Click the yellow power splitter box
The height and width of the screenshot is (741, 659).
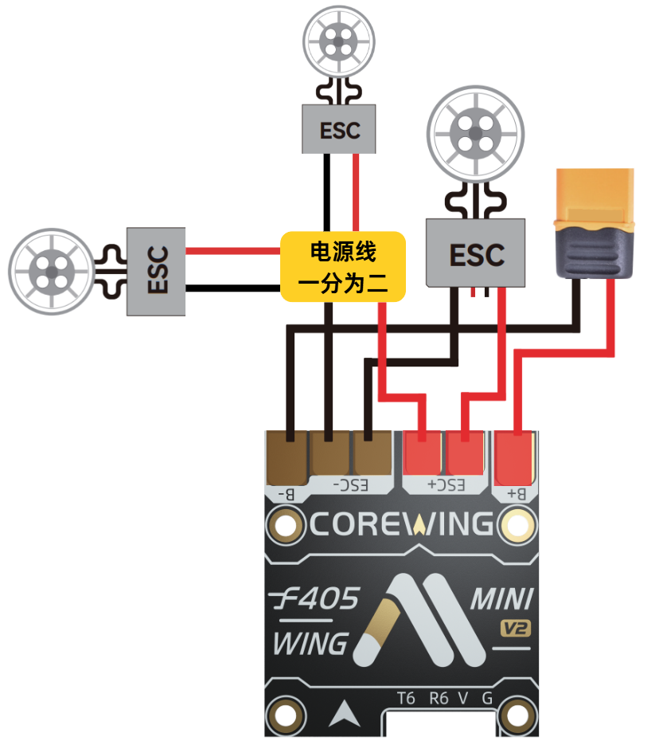coord(343,267)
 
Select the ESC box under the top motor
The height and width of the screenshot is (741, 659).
coord(339,129)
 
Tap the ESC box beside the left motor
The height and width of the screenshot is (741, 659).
coord(156,271)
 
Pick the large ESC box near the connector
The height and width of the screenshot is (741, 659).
coord(475,253)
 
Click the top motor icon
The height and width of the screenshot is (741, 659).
coord(339,41)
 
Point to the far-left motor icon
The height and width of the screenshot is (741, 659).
coord(51,272)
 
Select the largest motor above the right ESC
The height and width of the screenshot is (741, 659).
coord(475,134)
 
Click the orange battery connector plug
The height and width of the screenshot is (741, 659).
coord(595,223)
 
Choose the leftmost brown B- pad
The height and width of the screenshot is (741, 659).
coord(287,457)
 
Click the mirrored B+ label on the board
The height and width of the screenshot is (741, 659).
coord(517,494)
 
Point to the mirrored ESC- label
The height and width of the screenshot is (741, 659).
coord(350,485)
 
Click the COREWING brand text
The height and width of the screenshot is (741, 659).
coord(401,524)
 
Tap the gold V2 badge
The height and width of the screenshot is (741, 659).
coord(516,628)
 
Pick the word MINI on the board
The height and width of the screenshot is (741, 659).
coord(502,599)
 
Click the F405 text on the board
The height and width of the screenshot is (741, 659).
coord(315,598)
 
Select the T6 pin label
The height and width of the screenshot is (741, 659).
coord(406,698)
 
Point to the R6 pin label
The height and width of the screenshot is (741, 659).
coord(439,698)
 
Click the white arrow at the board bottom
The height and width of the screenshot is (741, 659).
coord(345,714)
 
